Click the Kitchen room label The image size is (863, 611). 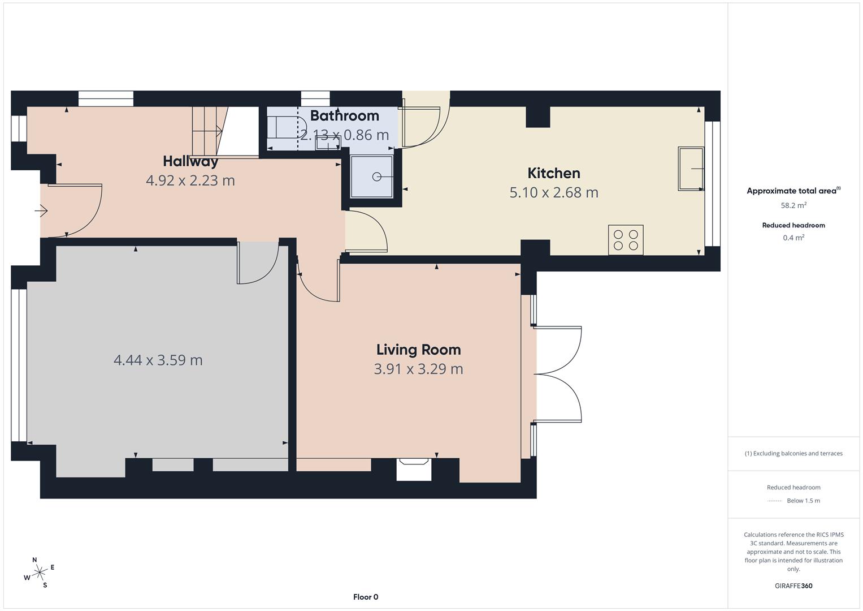pyautogui.click(x=554, y=173)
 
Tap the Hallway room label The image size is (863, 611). pyautogui.click(x=190, y=161)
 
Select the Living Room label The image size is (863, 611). pyautogui.click(x=418, y=350)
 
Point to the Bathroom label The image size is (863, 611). pyautogui.click(x=344, y=116)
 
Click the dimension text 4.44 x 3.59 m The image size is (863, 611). pyautogui.click(x=158, y=360)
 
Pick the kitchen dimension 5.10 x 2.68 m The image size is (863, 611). pyautogui.click(x=554, y=192)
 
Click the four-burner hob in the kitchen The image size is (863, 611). pyautogui.click(x=626, y=240)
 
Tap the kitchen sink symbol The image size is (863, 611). pyautogui.click(x=691, y=169)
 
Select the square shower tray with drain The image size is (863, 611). pyautogui.click(x=371, y=177)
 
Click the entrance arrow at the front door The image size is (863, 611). pyautogui.click(x=41, y=211)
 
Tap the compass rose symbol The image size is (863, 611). pyautogui.click(x=39, y=573)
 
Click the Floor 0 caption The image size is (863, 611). pyautogui.click(x=366, y=597)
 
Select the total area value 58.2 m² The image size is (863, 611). pyautogui.click(x=793, y=205)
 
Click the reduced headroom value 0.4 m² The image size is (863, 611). pyautogui.click(x=793, y=238)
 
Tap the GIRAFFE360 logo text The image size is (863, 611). pyautogui.click(x=793, y=586)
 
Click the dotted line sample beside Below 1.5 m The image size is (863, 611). pyautogui.click(x=775, y=501)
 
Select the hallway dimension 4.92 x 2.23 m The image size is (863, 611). pyautogui.click(x=190, y=180)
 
